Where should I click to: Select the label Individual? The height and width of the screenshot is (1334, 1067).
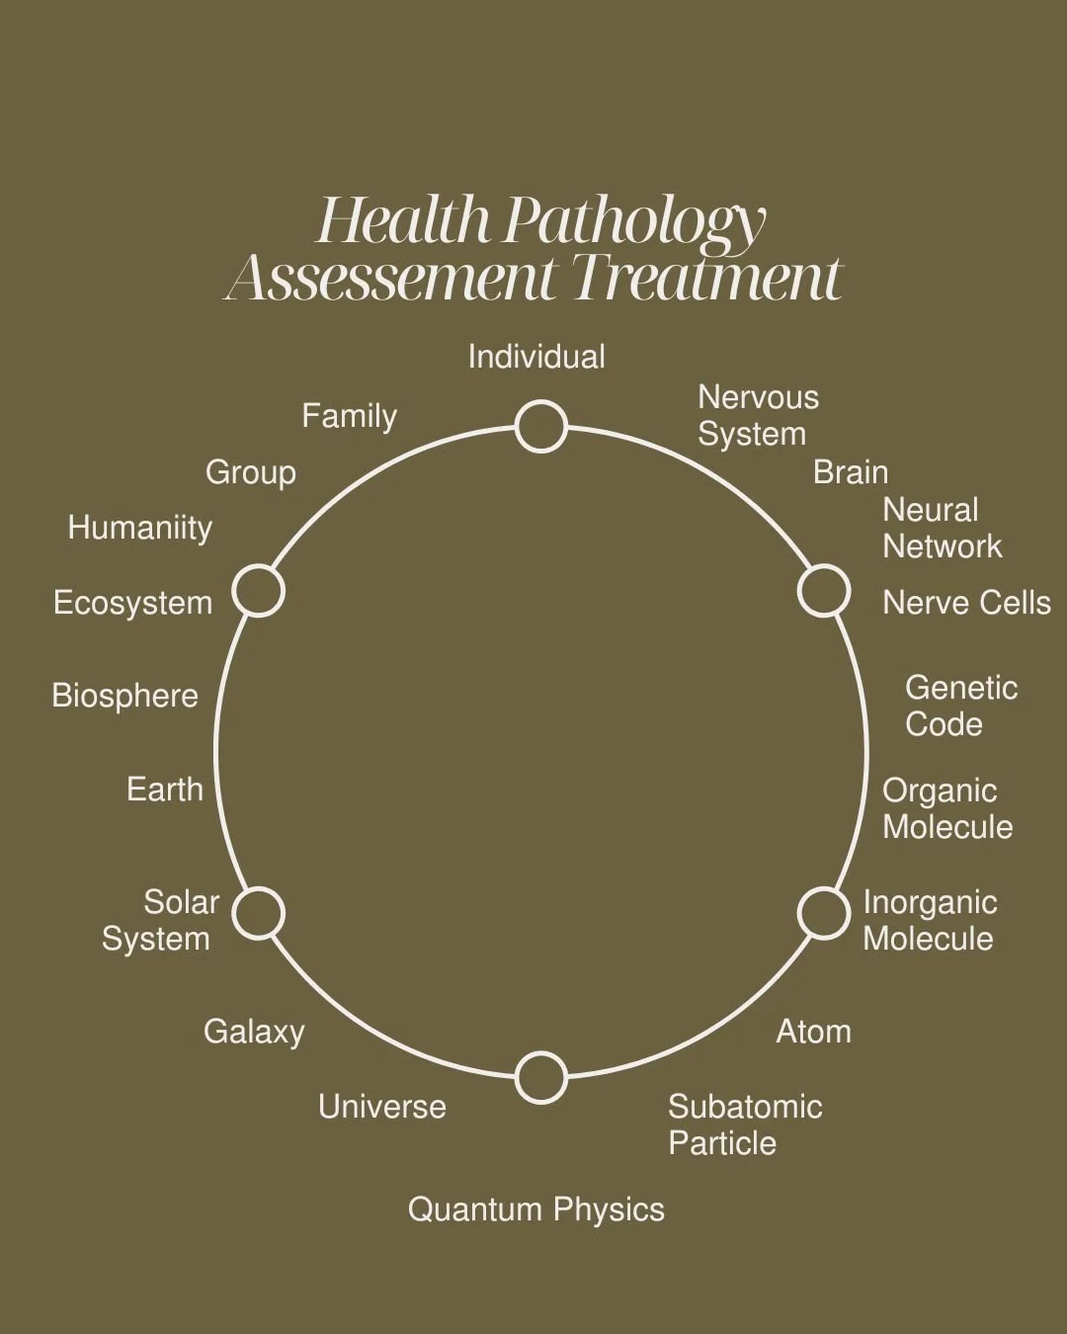click(x=536, y=357)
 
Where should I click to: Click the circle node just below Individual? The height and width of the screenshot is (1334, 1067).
click(x=541, y=427)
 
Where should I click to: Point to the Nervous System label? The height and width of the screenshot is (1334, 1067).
click(x=758, y=415)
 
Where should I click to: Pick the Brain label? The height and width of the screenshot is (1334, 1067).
click(x=851, y=472)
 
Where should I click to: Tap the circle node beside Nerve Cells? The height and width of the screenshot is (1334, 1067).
click(x=824, y=591)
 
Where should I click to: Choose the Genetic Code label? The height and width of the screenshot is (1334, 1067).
click(x=960, y=706)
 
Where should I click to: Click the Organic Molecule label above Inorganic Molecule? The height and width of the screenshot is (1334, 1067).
click(x=946, y=808)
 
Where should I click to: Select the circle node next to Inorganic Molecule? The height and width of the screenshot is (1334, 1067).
click(x=824, y=912)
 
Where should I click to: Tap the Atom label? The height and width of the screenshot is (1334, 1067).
click(x=813, y=1032)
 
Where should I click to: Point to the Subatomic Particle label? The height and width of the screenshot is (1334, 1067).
click(x=745, y=1125)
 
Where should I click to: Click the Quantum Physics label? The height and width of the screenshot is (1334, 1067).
click(x=536, y=1209)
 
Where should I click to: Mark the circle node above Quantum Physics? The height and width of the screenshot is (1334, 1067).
click(x=541, y=1077)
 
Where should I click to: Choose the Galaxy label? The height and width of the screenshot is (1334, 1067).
click(x=254, y=1032)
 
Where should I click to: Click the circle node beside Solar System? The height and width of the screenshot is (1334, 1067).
click(x=259, y=912)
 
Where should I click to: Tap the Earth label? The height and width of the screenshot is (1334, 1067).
click(x=165, y=790)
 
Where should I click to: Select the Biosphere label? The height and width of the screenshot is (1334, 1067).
click(x=124, y=696)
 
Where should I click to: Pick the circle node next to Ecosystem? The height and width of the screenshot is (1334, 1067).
click(x=259, y=592)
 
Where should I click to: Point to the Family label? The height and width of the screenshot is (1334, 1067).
click(x=349, y=416)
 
